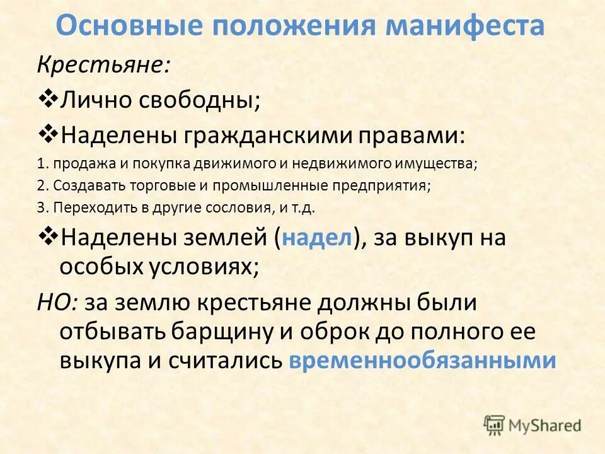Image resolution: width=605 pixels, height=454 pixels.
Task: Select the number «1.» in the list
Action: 43,164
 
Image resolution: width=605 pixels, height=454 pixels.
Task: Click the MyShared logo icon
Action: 495,425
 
